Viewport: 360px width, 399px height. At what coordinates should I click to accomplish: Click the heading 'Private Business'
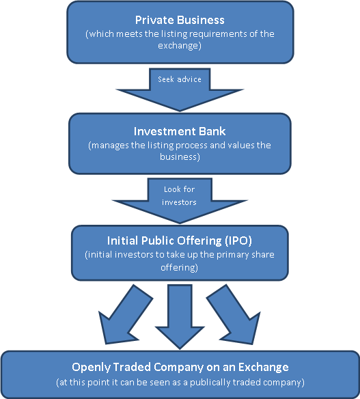click(180, 20)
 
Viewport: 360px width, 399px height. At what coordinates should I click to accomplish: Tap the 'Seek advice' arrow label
click(180, 79)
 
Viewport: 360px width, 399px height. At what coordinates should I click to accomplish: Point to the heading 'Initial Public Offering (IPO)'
click(180, 241)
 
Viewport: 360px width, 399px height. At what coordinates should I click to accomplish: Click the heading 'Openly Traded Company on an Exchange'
click(180, 367)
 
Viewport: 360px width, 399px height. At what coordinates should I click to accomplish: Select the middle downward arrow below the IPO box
click(180, 314)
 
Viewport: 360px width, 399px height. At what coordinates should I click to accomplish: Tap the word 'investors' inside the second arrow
click(180, 202)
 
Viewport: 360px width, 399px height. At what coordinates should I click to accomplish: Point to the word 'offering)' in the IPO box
click(180, 269)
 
